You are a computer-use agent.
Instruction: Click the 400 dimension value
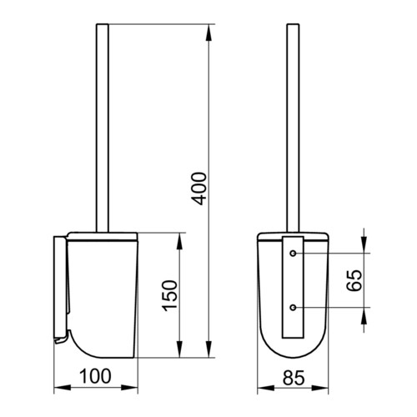pyautogui.click(x=200, y=188)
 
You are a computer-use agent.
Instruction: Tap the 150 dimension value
pyautogui.click(x=170, y=296)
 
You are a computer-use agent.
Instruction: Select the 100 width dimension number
pyautogui.click(x=95, y=376)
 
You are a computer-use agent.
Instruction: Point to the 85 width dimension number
pyautogui.click(x=294, y=378)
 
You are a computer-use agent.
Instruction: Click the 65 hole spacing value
pyautogui.click(x=354, y=280)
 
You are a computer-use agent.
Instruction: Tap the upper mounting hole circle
pyautogui.click(x=293, y=254)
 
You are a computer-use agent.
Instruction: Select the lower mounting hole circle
pyautogui.click(x=293, y=308)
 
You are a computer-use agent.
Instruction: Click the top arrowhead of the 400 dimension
pyautogui.click(x=208, y=33)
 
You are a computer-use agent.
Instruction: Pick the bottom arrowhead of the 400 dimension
pyautogui.click(x=208, y=349)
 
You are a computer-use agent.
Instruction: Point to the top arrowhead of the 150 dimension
pyautogui.click(x=180, y=241)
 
